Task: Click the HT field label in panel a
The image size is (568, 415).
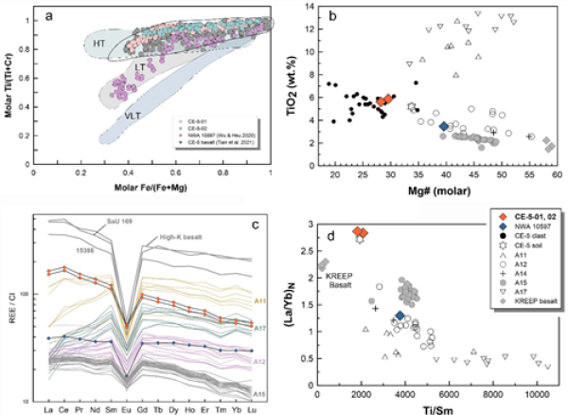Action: coord(98,45)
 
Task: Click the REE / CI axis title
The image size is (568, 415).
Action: coord(13,306)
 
